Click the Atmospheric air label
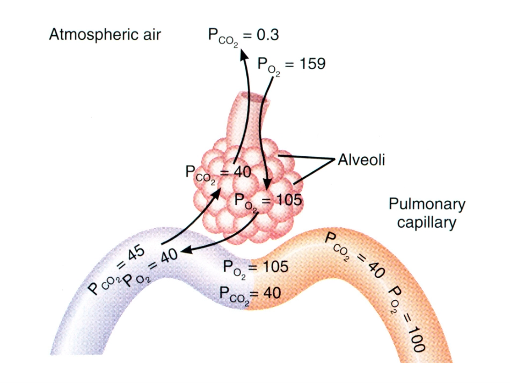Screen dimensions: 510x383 point(105,35)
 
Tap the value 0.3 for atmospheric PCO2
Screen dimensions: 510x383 point(267,35)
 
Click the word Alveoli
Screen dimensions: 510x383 point(361,160)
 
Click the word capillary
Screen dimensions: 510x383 point(427,223)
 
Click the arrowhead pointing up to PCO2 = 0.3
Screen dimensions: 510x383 point(243,54)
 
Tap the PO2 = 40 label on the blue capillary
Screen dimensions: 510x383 point(150,268)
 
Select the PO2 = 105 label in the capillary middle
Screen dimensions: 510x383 point(256,268)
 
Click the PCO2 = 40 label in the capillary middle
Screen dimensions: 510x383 point(250,294)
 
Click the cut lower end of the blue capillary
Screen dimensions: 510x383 point(77,355)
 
